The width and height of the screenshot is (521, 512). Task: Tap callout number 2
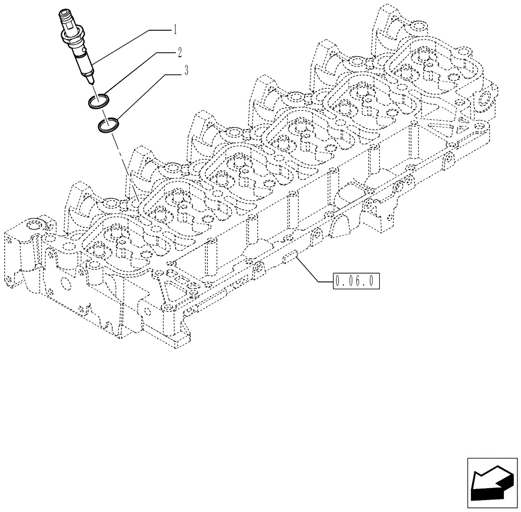pyautogui.click(x=179, y=52)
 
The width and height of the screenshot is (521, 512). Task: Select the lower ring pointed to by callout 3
pyautogui.click(x=108, y=125)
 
